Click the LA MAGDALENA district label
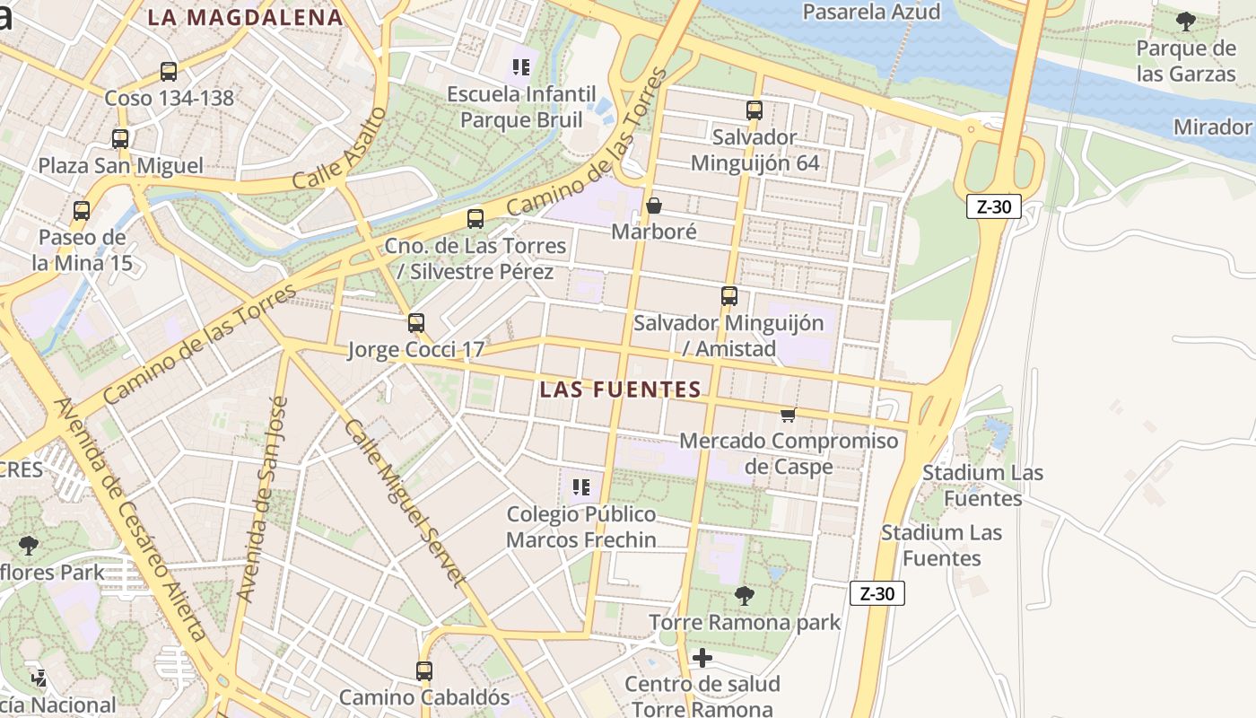245,17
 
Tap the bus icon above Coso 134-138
169,72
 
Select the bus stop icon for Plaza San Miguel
120,139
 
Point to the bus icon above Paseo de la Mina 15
82,211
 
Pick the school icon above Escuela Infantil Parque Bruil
521,66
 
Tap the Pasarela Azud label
871,12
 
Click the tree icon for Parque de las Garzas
1186,22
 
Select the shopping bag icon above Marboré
654,206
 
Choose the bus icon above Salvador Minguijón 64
754,110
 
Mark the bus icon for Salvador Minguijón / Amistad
729,296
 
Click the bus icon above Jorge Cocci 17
416,323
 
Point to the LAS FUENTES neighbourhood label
621,390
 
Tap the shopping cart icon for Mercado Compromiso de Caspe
788,414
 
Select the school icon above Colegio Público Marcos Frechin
581,487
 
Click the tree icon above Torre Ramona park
744,595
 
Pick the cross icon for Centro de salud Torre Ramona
702,658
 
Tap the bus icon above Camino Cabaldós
424,670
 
